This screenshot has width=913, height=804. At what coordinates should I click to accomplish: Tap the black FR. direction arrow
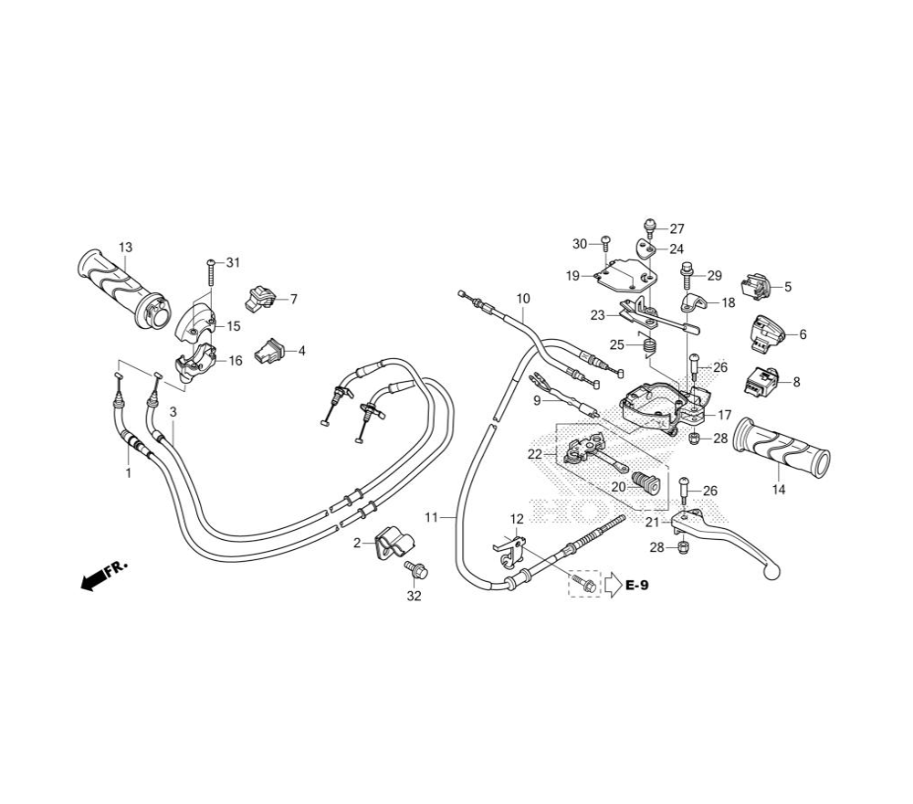(x=94, y=579)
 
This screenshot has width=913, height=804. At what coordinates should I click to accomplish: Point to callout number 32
(x=415, y=597)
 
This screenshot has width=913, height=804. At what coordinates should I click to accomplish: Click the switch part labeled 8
(x=761, y=379)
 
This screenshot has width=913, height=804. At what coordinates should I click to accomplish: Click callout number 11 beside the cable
(x=431, y=518)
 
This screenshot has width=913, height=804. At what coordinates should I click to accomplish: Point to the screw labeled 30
(x=604, y=242)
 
